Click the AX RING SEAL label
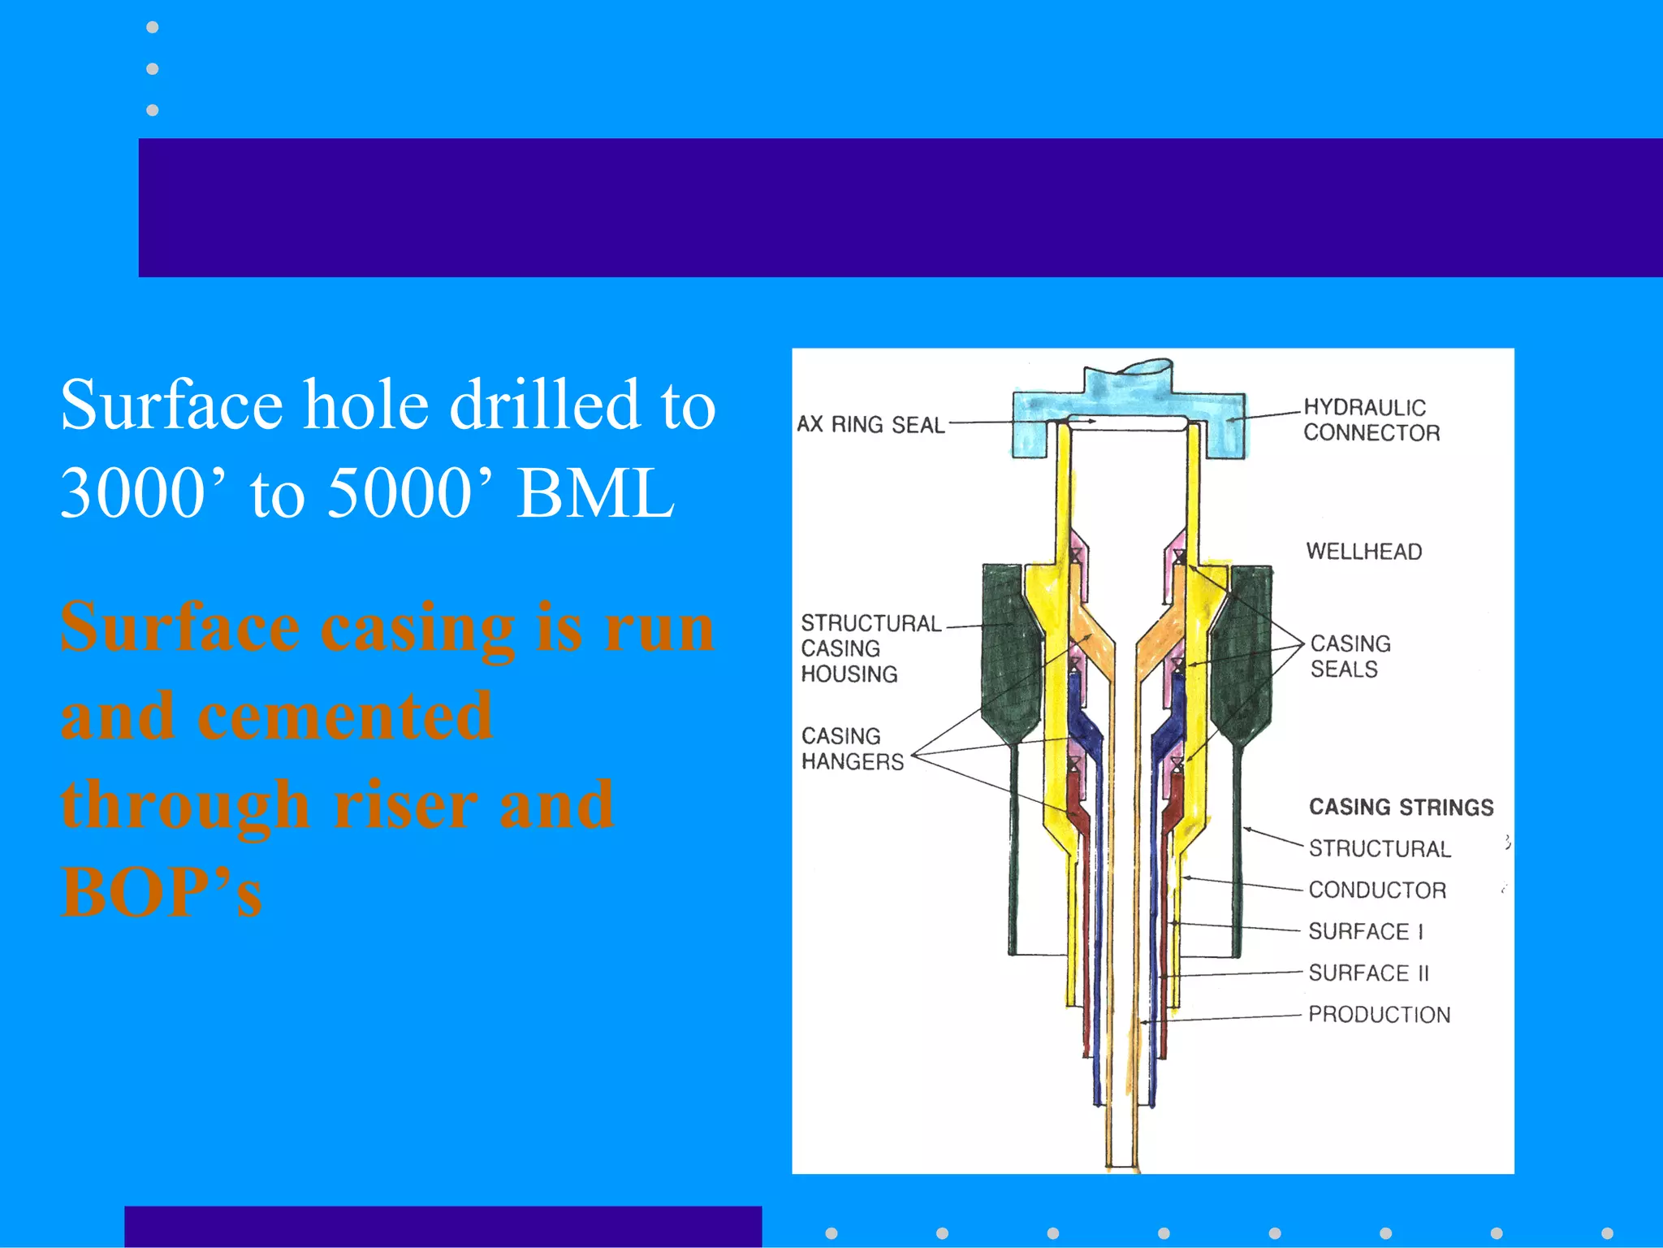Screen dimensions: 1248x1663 click(x=870, y=424)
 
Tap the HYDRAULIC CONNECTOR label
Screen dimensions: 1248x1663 click(x=1371, y=420)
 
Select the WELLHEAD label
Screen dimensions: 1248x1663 click(x=1363, y=552)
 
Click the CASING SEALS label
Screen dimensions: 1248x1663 click(x=1350, y=656)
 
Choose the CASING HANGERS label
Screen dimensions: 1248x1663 click(x=851, y=748)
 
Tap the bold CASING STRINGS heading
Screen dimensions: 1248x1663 click(x=1401, y=807)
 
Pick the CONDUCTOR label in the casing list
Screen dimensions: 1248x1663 click(x=1377, y=890)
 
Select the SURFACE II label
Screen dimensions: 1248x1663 click(x=1368, y=973)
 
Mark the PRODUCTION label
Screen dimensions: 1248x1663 click(x=1379, y=1014)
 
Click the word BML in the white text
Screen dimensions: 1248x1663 click(x=595, y=493)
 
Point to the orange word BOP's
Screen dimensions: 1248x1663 click(x=162, y=892)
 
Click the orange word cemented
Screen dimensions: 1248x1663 click(x=344, y=716)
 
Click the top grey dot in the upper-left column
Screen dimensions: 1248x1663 click(x=152, y=28)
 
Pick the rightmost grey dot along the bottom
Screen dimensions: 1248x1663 click(x=1607, y=1233)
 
